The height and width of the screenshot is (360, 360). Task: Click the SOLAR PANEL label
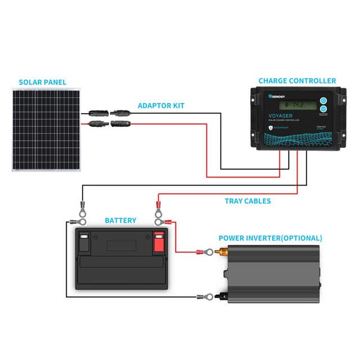pos(42,82)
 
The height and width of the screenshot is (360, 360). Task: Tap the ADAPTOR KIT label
pos(161,105)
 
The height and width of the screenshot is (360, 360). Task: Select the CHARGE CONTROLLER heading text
pos(297,81)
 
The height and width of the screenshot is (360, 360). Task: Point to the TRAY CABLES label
pos(247,201)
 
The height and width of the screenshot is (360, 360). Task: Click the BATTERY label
pos(120,220)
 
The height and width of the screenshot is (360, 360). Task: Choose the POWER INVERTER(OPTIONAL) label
pos(270,238)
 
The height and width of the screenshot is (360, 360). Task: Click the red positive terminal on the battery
pos(159,242)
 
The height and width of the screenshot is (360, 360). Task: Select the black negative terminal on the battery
pos(84,242)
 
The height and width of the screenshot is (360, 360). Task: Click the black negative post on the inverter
pos(222,296)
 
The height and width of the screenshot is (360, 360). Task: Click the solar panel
pos(44,129)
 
